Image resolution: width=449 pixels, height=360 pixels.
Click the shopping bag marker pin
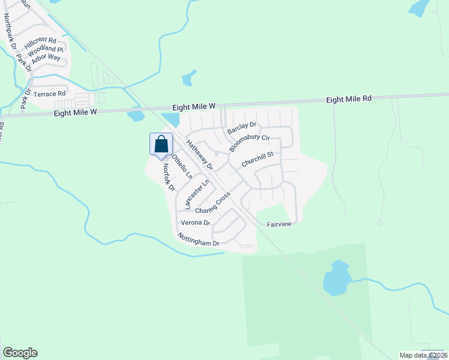point(161,145)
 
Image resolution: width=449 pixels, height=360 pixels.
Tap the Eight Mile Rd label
point(349,98)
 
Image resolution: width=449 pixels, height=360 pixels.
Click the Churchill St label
point(258,159)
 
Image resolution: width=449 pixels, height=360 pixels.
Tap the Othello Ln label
point(182,167)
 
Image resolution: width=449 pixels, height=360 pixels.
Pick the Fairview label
point(279,224)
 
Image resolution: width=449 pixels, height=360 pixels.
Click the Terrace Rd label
point(49,94)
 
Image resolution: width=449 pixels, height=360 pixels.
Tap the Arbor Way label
point(46,58)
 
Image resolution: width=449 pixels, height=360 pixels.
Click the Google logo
point(20,353)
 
